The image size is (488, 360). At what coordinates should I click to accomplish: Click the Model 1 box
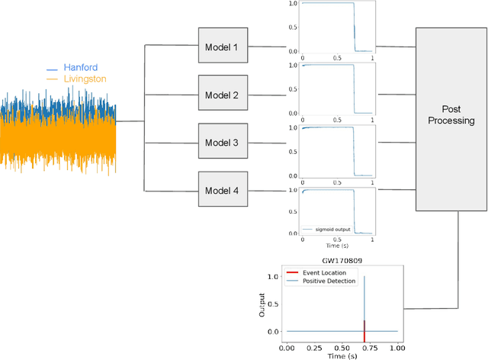[222, 47]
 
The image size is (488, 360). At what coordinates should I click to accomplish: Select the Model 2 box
[222, 95]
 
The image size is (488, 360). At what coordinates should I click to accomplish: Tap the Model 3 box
[222, 143]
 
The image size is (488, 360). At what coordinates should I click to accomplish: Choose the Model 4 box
[222, 190]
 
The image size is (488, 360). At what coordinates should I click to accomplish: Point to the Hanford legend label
[80, 66]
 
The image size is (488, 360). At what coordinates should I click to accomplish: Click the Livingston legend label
[85, 78]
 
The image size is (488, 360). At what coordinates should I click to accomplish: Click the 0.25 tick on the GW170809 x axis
[315, 349]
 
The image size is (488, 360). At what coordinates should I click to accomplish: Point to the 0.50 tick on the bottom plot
[342, 349]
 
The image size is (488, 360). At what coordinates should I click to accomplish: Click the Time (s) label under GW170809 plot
[342, 356]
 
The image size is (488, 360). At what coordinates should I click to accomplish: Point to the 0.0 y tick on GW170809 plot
[273, 332]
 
